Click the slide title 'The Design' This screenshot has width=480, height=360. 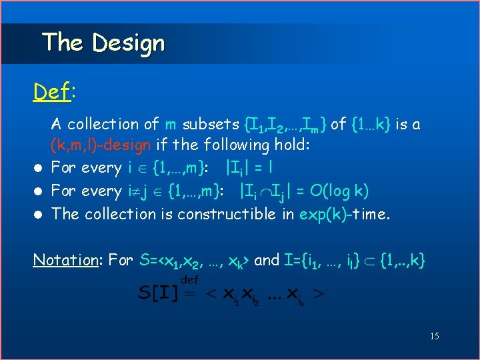click(x=103, y=43)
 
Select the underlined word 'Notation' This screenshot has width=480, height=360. click(x=64, y=260)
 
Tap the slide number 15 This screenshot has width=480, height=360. click(x=434, y=336)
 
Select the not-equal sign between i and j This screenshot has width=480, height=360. click(x=138, y=191)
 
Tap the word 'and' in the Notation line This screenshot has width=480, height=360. click(x=267, y=260)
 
